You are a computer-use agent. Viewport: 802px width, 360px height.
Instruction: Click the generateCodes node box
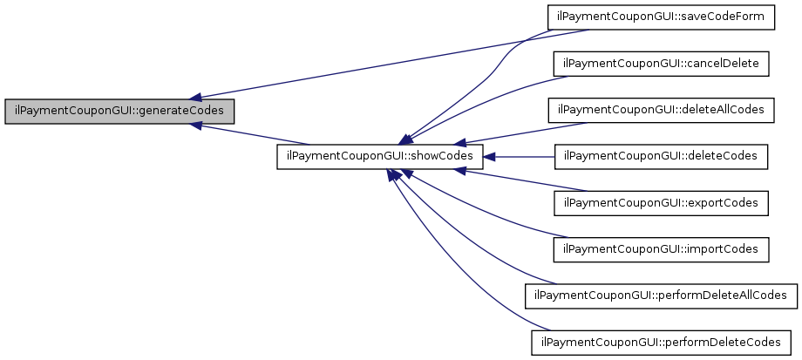click(x=119, y=112)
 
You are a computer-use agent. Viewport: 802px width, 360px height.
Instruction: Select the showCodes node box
click(x=379, y=157)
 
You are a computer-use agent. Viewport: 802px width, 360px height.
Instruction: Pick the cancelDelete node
click(x=661, y=65)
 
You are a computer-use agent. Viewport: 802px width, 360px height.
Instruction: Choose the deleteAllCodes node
click(x=661, y=111)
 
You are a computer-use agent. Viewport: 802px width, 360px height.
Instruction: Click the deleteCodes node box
click(x=661, y=157)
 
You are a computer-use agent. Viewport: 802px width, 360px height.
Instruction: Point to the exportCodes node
click(x=661, y=203)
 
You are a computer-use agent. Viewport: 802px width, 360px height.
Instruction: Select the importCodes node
click(x=661, y=249)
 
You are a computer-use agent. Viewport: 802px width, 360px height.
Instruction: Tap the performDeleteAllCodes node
click(x=661, y=295)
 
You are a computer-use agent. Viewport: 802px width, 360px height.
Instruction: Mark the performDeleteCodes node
click(x=661, y=342)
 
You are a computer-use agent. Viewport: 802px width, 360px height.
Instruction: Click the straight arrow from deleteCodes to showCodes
click(x=520, y=157)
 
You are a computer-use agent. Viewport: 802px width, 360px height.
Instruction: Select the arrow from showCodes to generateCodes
click(x=253, y=134)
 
